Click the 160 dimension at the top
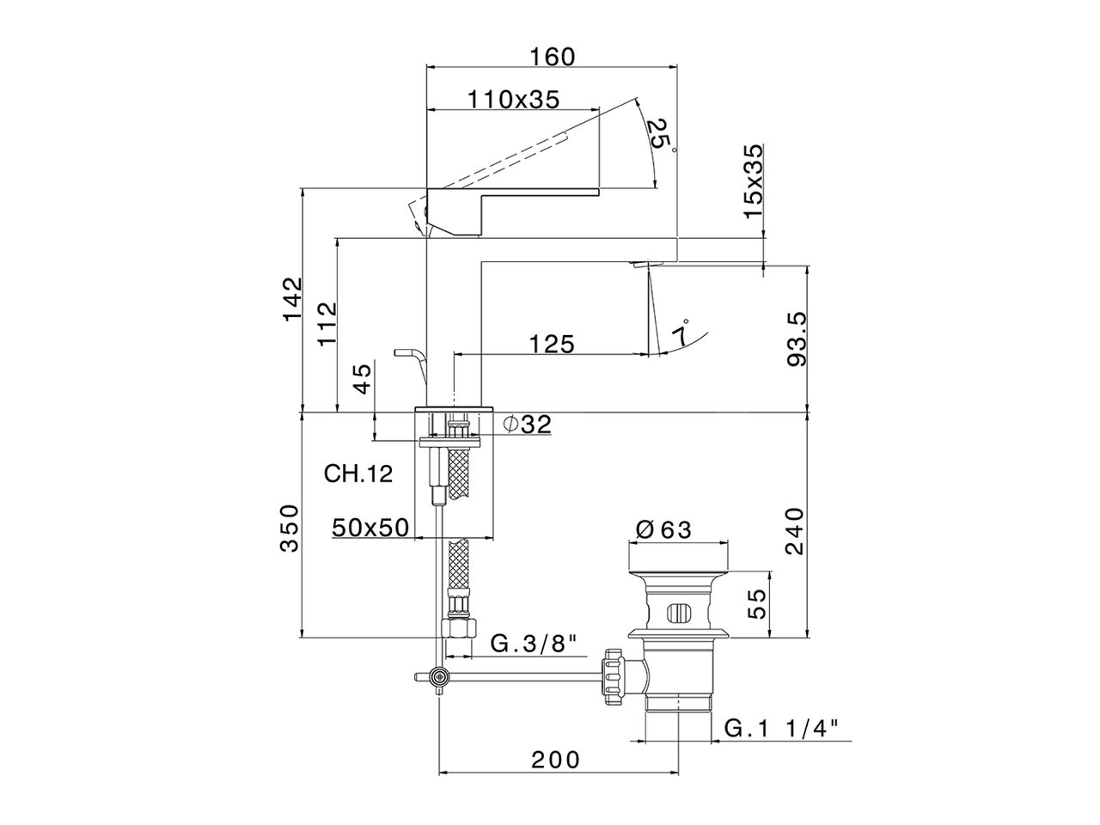coord(553,57)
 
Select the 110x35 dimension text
coord(513,100)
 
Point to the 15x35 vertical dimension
coord(753,180)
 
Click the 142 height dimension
coord(293,299)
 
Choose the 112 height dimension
coord(327,324)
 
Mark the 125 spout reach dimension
coord(552,344)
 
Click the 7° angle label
coord(681,331)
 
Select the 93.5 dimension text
coord(797,339)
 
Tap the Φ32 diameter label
coord(527,425)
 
